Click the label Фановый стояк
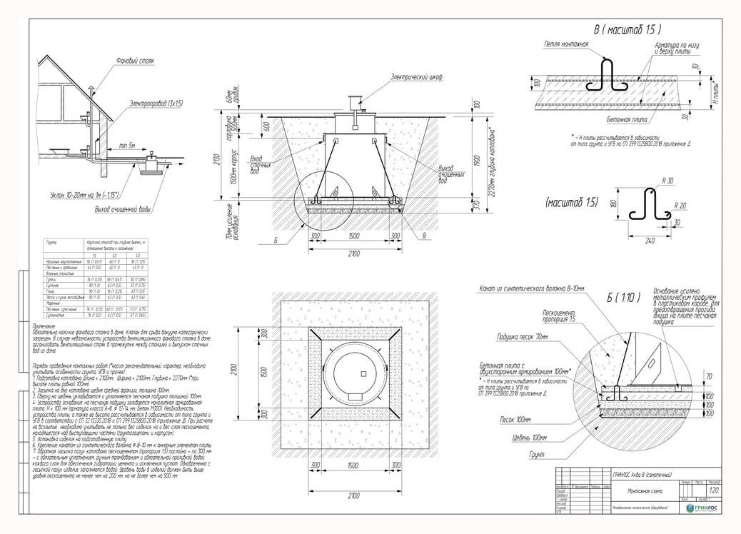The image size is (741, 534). click(x=135, y=61)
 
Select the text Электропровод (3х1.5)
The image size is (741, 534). click(x=156, y=104)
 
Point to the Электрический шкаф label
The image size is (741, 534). click(x=416, y=77)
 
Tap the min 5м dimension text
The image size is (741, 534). click(x=129, y=145)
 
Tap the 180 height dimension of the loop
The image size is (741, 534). click(x=612, y=205)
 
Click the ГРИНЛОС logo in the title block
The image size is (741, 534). click(x=702, y=508)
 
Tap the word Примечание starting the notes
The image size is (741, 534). click(x=49, y=326)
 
